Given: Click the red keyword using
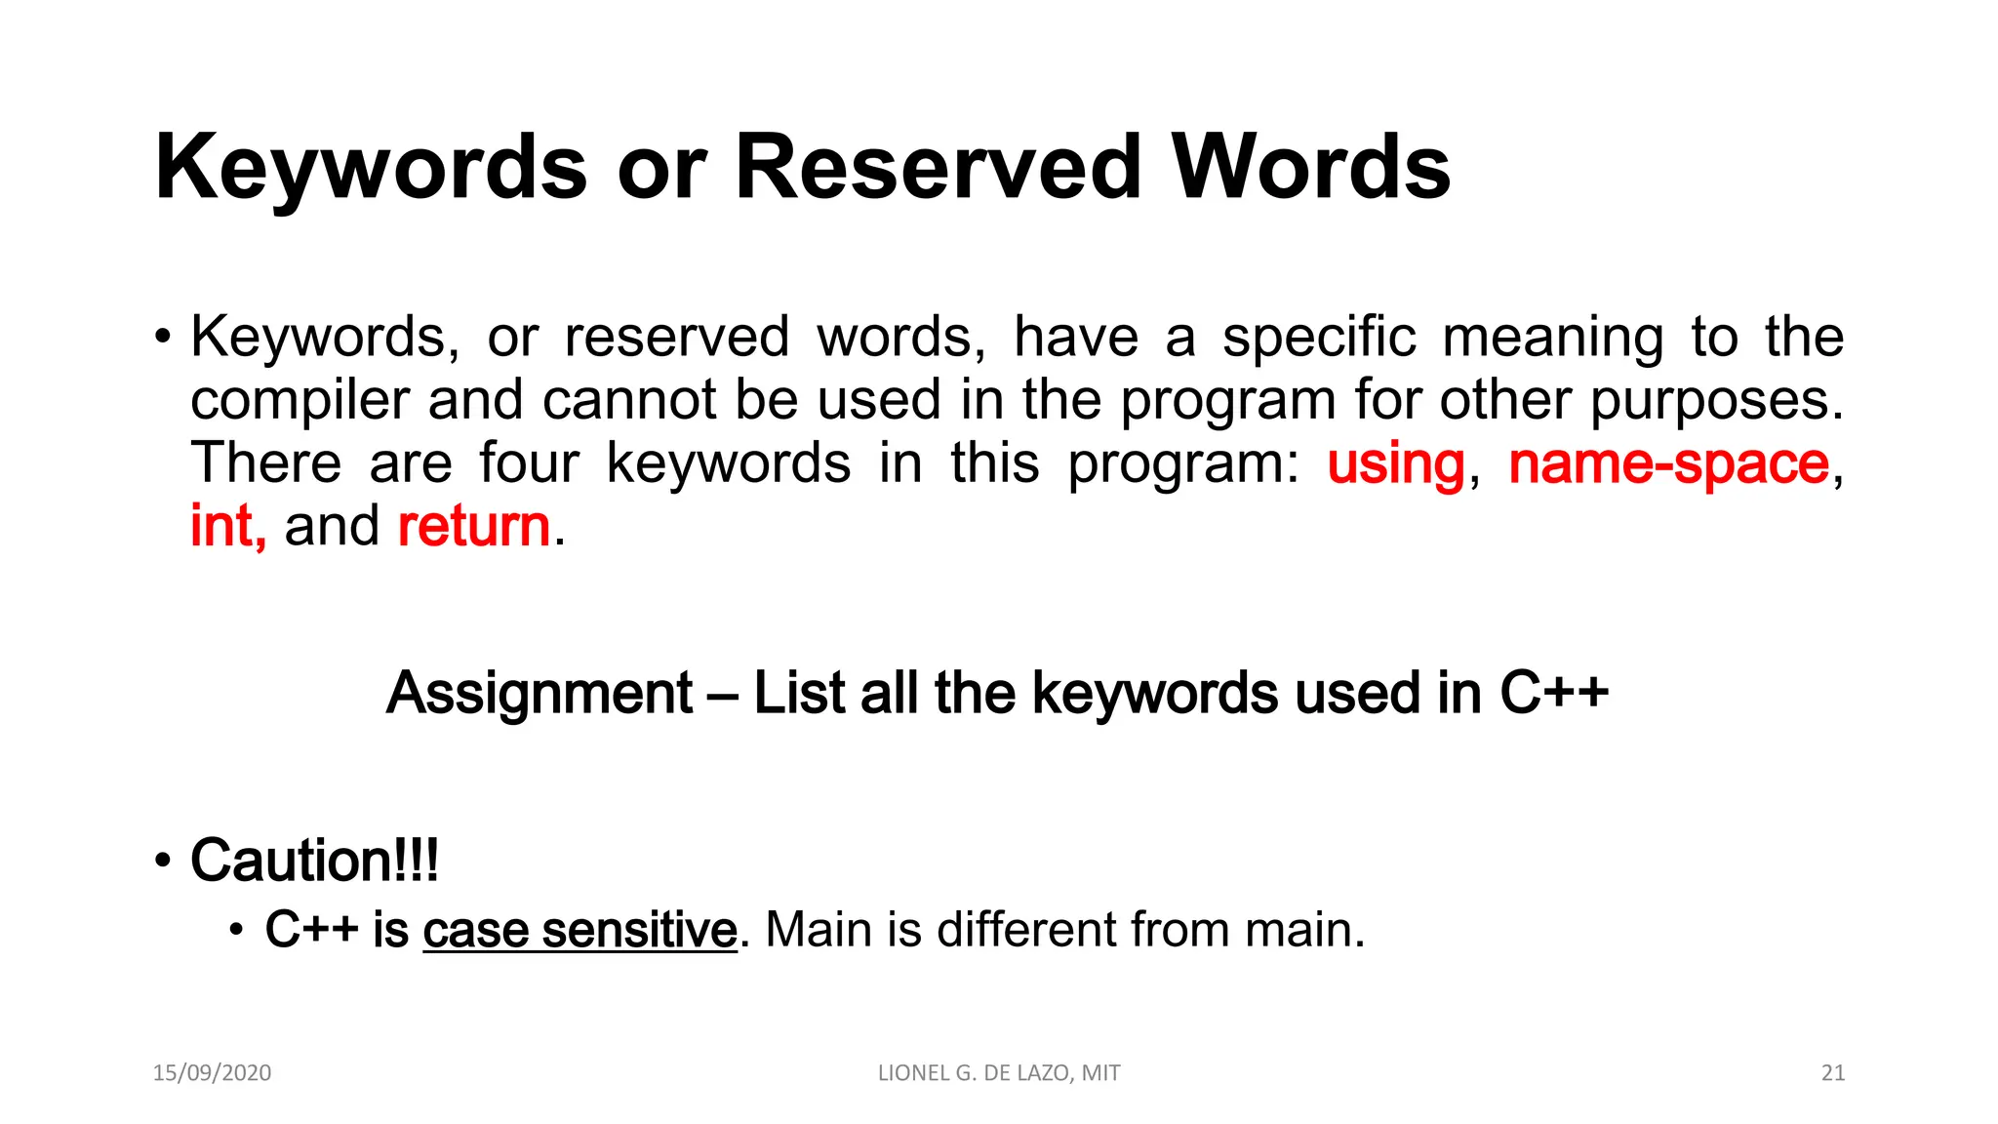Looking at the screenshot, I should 1395,464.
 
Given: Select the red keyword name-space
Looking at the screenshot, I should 1668,464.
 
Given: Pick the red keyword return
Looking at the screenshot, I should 474,527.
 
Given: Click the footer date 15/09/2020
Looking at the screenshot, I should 212,1073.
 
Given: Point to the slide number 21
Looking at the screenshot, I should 1833,1073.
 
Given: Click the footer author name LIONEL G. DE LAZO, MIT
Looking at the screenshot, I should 999,1073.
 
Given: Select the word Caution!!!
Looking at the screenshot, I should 314,861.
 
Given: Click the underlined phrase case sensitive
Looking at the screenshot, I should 579,930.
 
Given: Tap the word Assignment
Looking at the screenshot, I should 539,694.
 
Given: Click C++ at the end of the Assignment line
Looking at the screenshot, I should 1553,694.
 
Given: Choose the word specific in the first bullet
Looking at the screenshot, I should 1319,338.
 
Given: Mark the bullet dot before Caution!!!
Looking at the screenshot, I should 163,862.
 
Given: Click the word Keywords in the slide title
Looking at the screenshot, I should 371,167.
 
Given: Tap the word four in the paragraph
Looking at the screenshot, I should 530,463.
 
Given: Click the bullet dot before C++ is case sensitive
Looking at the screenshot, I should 235,930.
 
